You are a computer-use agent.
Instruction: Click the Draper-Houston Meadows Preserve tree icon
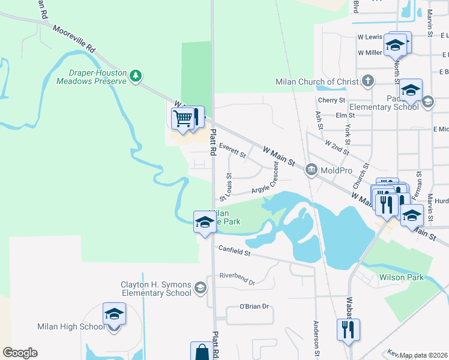click(x=137, y=75)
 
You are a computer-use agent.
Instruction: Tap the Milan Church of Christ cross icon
click(x=367, y=81)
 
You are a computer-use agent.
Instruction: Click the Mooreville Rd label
click(x=74, y=38)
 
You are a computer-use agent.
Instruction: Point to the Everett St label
click(x=232, y=150)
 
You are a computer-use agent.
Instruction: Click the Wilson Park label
click(x=401, y=277)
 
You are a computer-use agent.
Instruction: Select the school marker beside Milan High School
click(x=114, y=315)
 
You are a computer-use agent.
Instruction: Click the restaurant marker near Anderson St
click(x=348, y=329)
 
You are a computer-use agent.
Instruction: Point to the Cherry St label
click(x=332, y=100)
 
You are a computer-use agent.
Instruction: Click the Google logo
click(x=20, y=353)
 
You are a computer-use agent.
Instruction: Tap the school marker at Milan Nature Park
click(x=204, y=223)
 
